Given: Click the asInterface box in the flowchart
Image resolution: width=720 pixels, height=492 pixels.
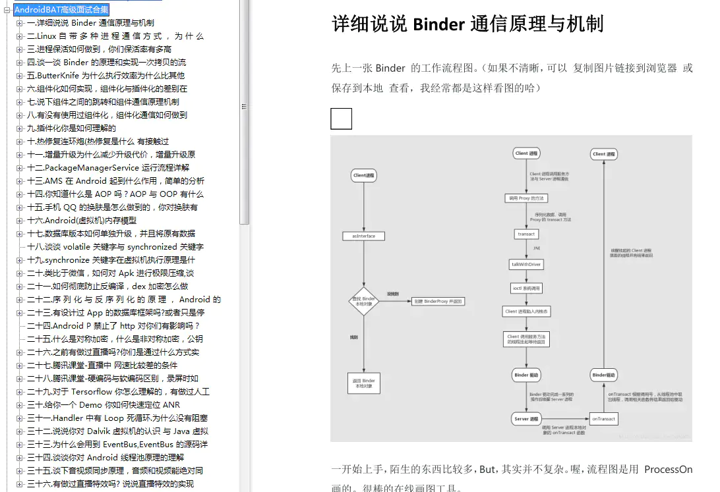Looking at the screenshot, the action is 363,236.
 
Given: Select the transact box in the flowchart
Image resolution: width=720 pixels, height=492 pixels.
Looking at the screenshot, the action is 526,234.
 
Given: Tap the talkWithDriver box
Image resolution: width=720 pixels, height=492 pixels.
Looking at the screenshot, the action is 526,264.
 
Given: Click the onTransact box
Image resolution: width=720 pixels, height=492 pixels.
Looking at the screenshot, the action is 603,418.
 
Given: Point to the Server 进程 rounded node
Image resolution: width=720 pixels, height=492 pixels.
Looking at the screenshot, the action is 526,418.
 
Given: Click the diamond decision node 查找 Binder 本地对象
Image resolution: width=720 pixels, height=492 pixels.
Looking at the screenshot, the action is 363,302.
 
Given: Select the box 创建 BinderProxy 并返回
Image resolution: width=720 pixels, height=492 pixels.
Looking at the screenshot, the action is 438,302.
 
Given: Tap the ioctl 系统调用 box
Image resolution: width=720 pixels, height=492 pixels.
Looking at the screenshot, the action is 526,288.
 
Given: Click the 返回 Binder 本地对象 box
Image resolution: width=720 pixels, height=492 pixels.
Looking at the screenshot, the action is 363,383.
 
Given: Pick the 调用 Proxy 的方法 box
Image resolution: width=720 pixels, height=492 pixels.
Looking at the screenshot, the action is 526,198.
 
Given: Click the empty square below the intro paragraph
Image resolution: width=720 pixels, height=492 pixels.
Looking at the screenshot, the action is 341,119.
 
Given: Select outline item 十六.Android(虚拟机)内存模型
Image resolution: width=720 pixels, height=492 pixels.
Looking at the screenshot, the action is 82,221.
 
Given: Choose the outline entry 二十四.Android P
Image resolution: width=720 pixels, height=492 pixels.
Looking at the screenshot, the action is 113,326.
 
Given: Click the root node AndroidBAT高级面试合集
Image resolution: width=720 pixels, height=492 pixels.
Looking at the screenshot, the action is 61,10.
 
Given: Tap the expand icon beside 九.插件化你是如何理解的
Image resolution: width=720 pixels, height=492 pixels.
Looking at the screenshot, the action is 19,128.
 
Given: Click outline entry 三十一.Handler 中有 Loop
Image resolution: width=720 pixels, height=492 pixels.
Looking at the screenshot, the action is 117,418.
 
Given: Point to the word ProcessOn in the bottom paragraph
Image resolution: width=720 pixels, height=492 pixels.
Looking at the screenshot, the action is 668,470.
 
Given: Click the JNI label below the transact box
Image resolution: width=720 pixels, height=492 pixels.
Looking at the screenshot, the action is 536,248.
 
